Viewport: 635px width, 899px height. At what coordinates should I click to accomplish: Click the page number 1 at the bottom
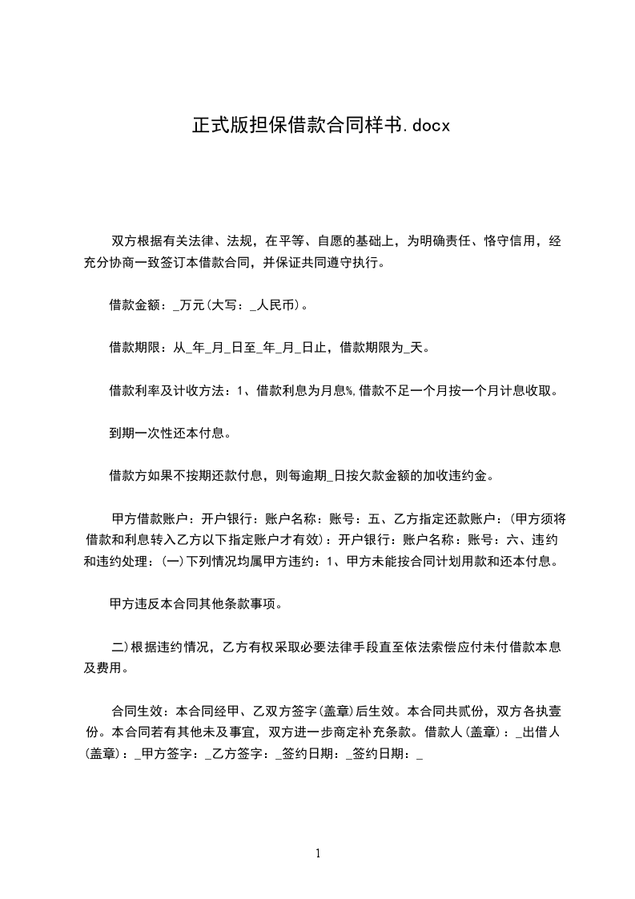pyautogui.click(x=318, y=853)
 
